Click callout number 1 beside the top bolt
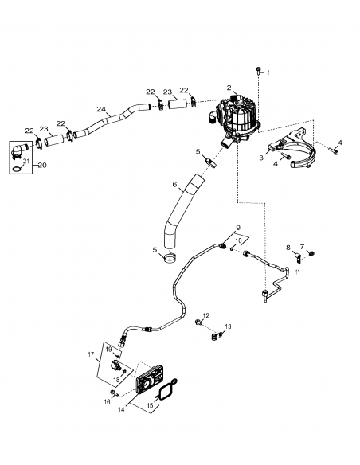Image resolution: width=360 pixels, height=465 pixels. (x=268, y=72)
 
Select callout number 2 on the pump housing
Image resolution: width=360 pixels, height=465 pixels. (x=229, y=88)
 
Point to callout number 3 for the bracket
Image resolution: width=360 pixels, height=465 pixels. (x=261, y=158)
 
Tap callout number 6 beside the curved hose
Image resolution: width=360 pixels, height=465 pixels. (x=174, y=184)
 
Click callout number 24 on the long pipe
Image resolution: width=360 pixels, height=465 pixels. (x=101, y=108)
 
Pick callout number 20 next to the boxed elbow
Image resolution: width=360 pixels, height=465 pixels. (x=42, y=165)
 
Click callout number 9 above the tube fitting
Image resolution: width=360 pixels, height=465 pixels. (x=237, y=229)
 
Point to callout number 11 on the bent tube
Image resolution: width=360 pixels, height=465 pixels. (x=297, y=272)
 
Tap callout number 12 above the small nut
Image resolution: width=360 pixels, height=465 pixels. (x=205, y=316)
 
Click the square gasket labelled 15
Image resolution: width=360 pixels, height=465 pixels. (x=167, y=391)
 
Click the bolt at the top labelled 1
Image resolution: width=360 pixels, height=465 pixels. (x=258, y=74)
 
